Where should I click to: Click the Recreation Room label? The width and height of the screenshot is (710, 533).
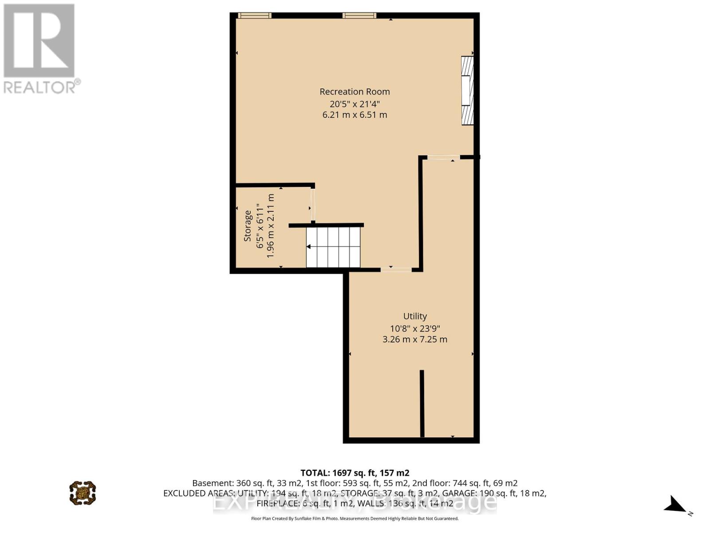click(355, 91)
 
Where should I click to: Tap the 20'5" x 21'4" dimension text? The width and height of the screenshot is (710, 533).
click(355, 103)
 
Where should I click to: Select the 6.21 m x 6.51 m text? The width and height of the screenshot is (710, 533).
click(355, 115)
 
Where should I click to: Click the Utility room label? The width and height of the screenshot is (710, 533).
click(415, 316)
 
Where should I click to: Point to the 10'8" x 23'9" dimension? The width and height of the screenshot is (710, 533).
click(415, 329)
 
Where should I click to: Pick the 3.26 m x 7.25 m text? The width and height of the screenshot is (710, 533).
click(415, 339)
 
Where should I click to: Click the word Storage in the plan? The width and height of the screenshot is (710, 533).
click(248, 226)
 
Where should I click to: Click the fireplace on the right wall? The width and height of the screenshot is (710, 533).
click(467, 90)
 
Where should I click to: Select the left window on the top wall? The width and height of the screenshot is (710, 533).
click(255, 16)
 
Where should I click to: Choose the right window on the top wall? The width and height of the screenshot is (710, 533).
click(359, 16)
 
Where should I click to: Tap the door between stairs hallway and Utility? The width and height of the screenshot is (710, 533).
click(396, 269)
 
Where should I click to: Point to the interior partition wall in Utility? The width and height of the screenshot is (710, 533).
click(422, 403)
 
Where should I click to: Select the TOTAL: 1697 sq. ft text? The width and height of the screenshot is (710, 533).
click(355, 473)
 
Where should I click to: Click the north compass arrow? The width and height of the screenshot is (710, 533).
click(676, 505)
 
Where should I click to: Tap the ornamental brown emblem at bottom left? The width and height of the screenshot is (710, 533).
click(83, 493)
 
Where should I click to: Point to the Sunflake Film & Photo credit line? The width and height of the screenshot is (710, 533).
click(355, 518)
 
